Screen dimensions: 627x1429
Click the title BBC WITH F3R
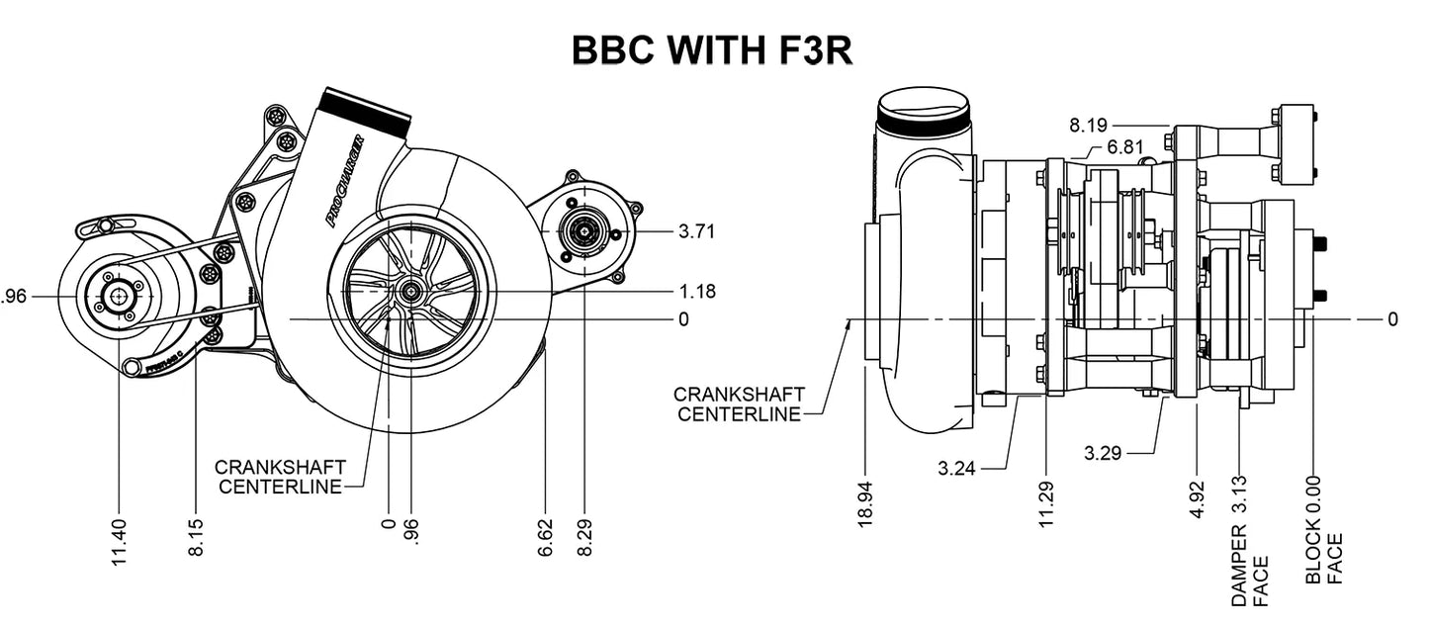tap(712, 50)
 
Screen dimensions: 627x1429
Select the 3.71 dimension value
tap(697, 231)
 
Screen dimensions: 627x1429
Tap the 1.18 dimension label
tap(697, 292)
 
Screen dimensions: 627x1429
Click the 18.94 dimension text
tap(865, 505)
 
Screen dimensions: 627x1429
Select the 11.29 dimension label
tap(1047, 505)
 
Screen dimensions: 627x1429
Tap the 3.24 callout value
tap(957, 469)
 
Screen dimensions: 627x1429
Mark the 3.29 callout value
tap(1103, 454)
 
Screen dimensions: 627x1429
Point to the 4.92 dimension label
tap(1198, 500)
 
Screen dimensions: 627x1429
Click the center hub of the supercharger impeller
tap(410, 291)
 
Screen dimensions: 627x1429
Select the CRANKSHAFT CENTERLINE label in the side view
tap(739, 404)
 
